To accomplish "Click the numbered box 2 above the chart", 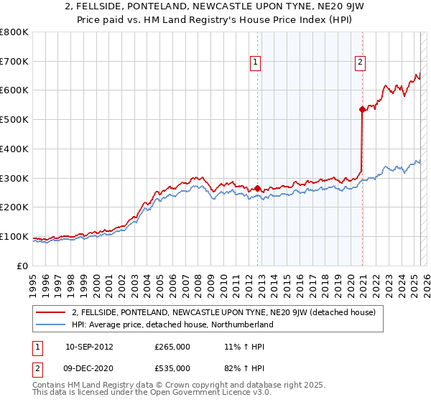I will [359, 62].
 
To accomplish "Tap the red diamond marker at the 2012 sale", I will [257, 188].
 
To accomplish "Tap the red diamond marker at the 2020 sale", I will [362, 109].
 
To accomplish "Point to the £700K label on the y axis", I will [14, 61].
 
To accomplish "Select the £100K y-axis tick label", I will [14, 236].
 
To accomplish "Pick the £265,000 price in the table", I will [172, 346].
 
